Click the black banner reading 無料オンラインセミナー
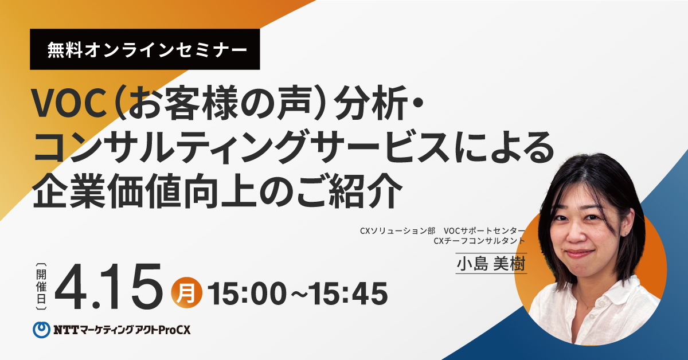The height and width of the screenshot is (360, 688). (x=144, y=49)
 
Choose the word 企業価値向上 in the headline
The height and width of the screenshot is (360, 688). (x=144, y=191)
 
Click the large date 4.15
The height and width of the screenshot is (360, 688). (x=108, y=287)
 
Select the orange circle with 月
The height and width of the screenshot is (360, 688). (x=186, y=293)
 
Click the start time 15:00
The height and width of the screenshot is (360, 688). (x=247, y=294)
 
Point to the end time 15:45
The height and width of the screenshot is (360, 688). (x=347, y=294)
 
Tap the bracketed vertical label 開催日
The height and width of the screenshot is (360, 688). (x=41, y=286)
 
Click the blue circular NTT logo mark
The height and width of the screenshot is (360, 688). (x=41, y=330)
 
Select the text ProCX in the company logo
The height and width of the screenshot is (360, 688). (x=174, y=330)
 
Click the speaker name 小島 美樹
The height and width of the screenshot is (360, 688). (x=491, y=264)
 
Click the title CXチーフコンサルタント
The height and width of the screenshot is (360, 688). (x=479, y=241)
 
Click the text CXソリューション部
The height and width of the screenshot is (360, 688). (x=398, y=230)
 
